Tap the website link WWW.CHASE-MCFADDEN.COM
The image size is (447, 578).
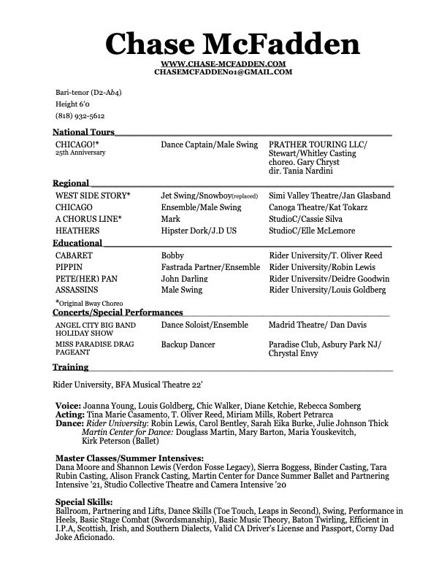[223, 64]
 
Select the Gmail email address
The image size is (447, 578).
[223, 72]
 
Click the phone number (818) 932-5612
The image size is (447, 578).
[80, 116]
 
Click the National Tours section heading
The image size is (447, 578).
[83, 132]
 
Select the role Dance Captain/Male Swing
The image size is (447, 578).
[209, 145]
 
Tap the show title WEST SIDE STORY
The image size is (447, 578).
[93, 196]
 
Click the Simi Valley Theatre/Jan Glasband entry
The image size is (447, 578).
[329, 196]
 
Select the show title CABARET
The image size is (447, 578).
[74, 256]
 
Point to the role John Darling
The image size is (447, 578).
[186, 279]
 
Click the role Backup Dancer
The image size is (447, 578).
[188, 344]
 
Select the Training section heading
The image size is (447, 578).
[71, 366]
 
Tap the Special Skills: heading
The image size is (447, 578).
[84, 502]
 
